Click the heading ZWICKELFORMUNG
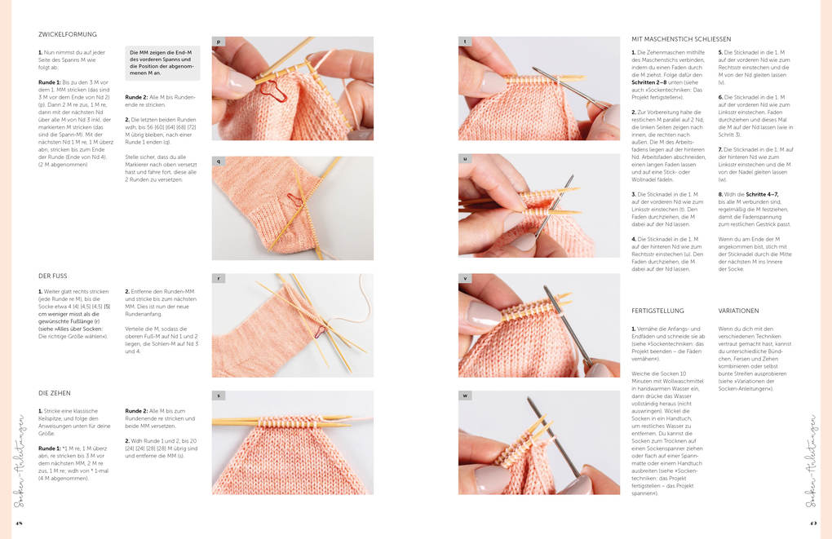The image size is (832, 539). point(68,34)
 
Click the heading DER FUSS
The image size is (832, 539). point(54,276)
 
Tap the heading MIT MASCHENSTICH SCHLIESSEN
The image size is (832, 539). point(681,38)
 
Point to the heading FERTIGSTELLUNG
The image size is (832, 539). point(657,311)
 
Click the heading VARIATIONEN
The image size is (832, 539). point(738,311)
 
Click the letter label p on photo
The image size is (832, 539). point(219,41)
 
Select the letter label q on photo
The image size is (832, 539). point(219,161)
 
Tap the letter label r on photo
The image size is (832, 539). point(219,278)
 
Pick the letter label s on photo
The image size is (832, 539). point(219,395)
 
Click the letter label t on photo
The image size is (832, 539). point(465,41)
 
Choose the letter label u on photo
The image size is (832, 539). point(465,159)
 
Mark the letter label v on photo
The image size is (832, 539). point(465,278)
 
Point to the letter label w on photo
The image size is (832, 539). point(465,395)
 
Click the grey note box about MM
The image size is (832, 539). point(162,62)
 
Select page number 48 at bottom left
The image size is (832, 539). point(18,524)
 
